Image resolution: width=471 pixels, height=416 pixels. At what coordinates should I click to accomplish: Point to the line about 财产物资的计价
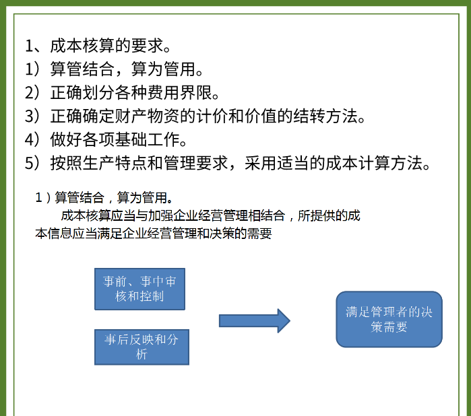195,116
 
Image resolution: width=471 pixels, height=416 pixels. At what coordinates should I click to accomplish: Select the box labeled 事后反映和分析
142,347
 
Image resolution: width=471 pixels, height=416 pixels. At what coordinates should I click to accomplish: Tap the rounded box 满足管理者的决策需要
389,319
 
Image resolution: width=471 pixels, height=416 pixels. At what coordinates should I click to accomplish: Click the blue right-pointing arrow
254,320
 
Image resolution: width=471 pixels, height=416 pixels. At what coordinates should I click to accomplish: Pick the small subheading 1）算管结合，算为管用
103,198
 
